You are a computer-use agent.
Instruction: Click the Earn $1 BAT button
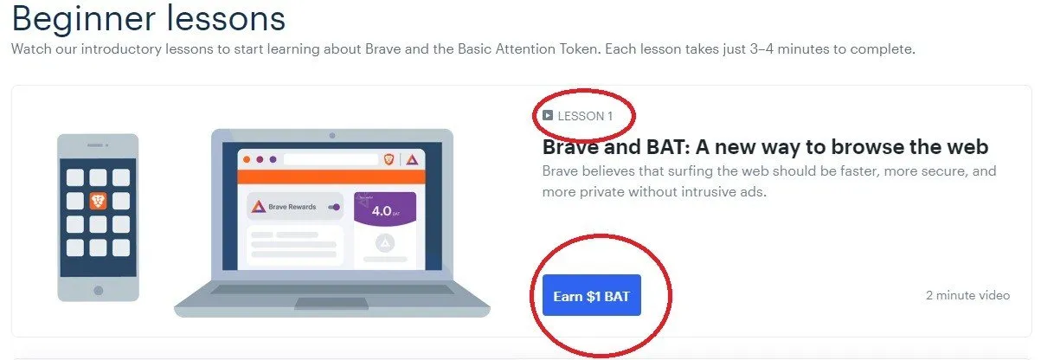coord(592,295)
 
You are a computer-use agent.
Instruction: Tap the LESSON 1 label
coord(585,116)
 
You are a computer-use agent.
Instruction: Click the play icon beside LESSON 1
coord(548,115)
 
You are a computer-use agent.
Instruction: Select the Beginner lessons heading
coord(149,19)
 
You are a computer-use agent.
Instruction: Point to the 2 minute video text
coord(967,295)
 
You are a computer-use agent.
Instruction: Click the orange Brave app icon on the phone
coord(98,201)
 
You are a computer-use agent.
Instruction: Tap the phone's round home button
coord(98,290)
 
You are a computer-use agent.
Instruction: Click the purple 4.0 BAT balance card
coord(385,209)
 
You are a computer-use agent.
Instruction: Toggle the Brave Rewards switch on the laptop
coord(334,207)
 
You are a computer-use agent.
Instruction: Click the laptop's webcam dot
coord(332,135)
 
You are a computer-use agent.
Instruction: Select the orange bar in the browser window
coord(331,177)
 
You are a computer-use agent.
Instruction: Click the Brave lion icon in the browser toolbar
coord(389,159)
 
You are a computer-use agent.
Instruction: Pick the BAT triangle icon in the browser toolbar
coord(412,160)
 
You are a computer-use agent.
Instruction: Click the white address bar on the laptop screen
coord(331,159)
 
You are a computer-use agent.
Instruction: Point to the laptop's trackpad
coord(331,303)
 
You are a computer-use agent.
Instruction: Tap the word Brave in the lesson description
coord(561,170)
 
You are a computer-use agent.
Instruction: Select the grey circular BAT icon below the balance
coord(385,243)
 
